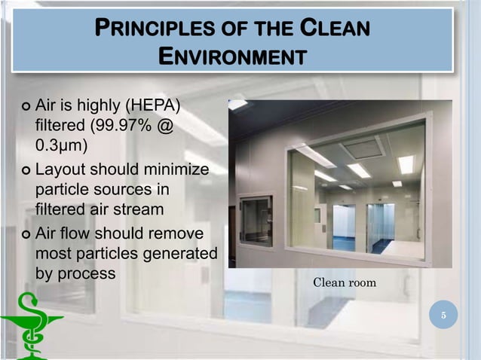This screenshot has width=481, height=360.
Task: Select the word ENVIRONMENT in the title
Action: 233,56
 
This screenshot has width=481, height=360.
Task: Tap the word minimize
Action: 174,169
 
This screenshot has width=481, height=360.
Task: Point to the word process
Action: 87,273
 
